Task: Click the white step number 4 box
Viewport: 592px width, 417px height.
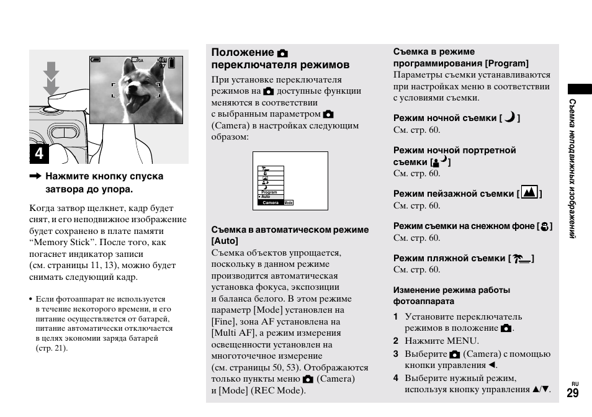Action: (x=39, y=153)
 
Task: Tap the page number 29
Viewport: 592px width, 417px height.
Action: (x=572, y=393)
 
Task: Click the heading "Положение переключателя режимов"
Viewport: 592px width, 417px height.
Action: (x=280, y=58)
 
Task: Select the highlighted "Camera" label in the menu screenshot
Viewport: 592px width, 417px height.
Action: (x=271, y=203)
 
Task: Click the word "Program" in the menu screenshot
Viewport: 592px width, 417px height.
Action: (x=269, y=192)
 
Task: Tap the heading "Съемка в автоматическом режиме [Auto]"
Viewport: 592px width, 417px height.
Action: (x=290, y=235)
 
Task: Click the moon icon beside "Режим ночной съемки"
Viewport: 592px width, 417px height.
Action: (x=509, y=117)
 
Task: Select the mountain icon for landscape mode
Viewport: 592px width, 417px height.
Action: (x=529, y=192)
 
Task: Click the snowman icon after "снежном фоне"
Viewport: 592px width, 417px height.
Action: (x=544, y=226)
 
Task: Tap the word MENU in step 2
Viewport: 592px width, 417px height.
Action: (x=463, y=341)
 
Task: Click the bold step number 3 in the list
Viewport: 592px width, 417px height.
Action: (x=395, y=354)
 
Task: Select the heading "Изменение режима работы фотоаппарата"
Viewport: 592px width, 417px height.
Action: (x=451, y=295)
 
